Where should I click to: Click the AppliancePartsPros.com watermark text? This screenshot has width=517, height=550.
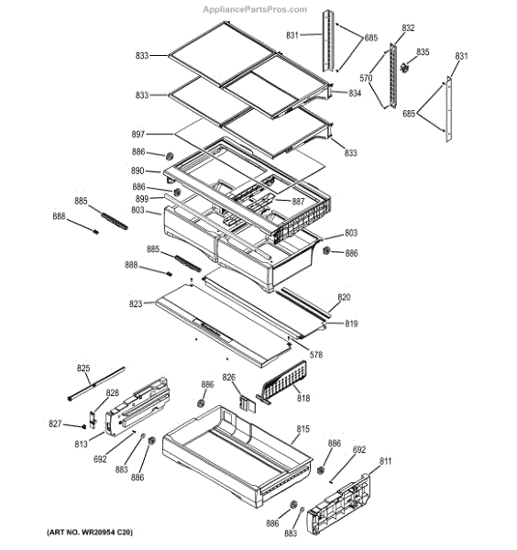[x=255, y=9]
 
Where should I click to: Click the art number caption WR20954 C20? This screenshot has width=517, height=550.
[x=90, y=533]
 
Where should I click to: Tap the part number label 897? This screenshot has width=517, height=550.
[x=137, y=134]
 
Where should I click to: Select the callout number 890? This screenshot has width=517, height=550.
[x=137, y=170]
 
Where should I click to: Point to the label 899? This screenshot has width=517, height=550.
[x=142, y=199]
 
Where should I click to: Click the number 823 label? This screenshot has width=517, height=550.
[x=136, y=303]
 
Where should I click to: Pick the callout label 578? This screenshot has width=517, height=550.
[x=316, y=355]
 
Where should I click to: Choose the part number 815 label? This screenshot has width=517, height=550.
[x=303, y=429]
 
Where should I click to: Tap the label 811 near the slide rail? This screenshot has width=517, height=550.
[x=385, y=461]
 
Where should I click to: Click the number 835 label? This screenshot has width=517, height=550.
[x=423, y=52]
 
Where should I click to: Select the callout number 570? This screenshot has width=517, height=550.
[x=366, y=78]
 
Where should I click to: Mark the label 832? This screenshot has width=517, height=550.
[x=408, y=27]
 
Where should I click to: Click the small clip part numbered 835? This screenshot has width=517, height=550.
[x=405, y=67]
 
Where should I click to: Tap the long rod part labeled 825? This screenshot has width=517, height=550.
[x=95, y=384]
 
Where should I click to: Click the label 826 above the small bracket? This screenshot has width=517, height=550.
[x=228, y=378]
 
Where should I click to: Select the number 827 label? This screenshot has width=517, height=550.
[x=55, y=423]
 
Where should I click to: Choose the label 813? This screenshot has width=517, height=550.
[x=81, y=444]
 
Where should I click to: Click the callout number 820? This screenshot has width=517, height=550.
[x=344, y=297]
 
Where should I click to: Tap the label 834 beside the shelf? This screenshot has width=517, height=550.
[x=355, y=93]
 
